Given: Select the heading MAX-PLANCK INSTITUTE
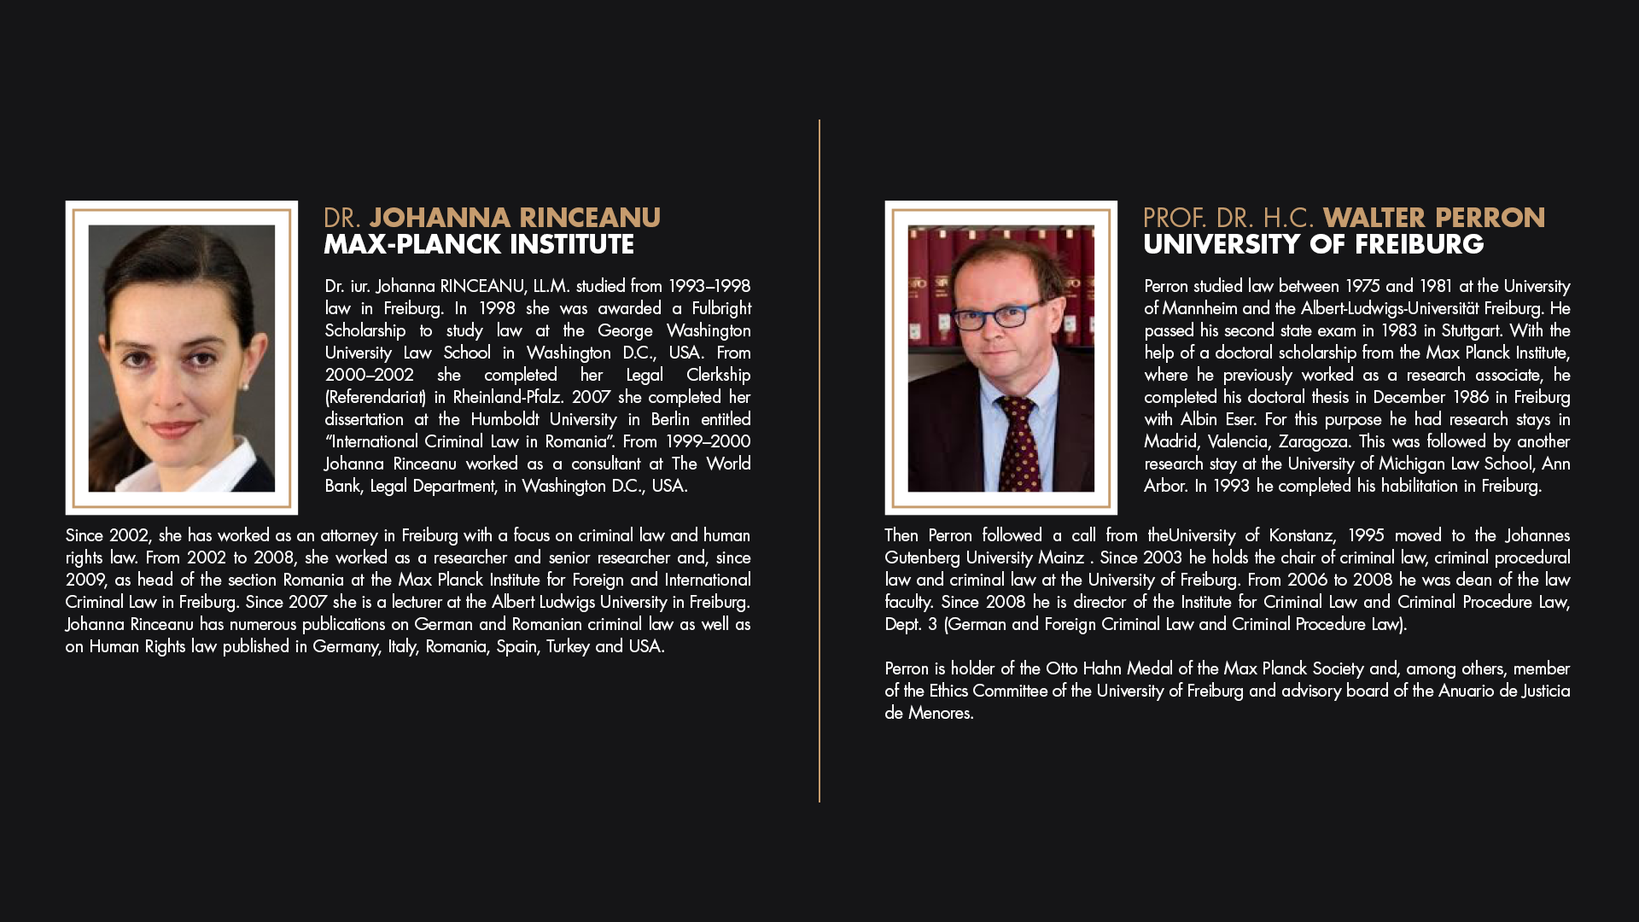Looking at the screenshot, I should (x=478, y=245).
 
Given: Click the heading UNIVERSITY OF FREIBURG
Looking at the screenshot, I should (x=1313, y=245).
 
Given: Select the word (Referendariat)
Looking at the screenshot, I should (x=375, y=397).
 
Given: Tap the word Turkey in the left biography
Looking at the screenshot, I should (x=568, y=646).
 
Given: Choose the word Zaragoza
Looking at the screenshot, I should (x=1313, y=441).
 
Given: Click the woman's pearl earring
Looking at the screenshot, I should (x=245, y=386).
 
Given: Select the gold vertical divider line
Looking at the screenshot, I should (x=819, y=461).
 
